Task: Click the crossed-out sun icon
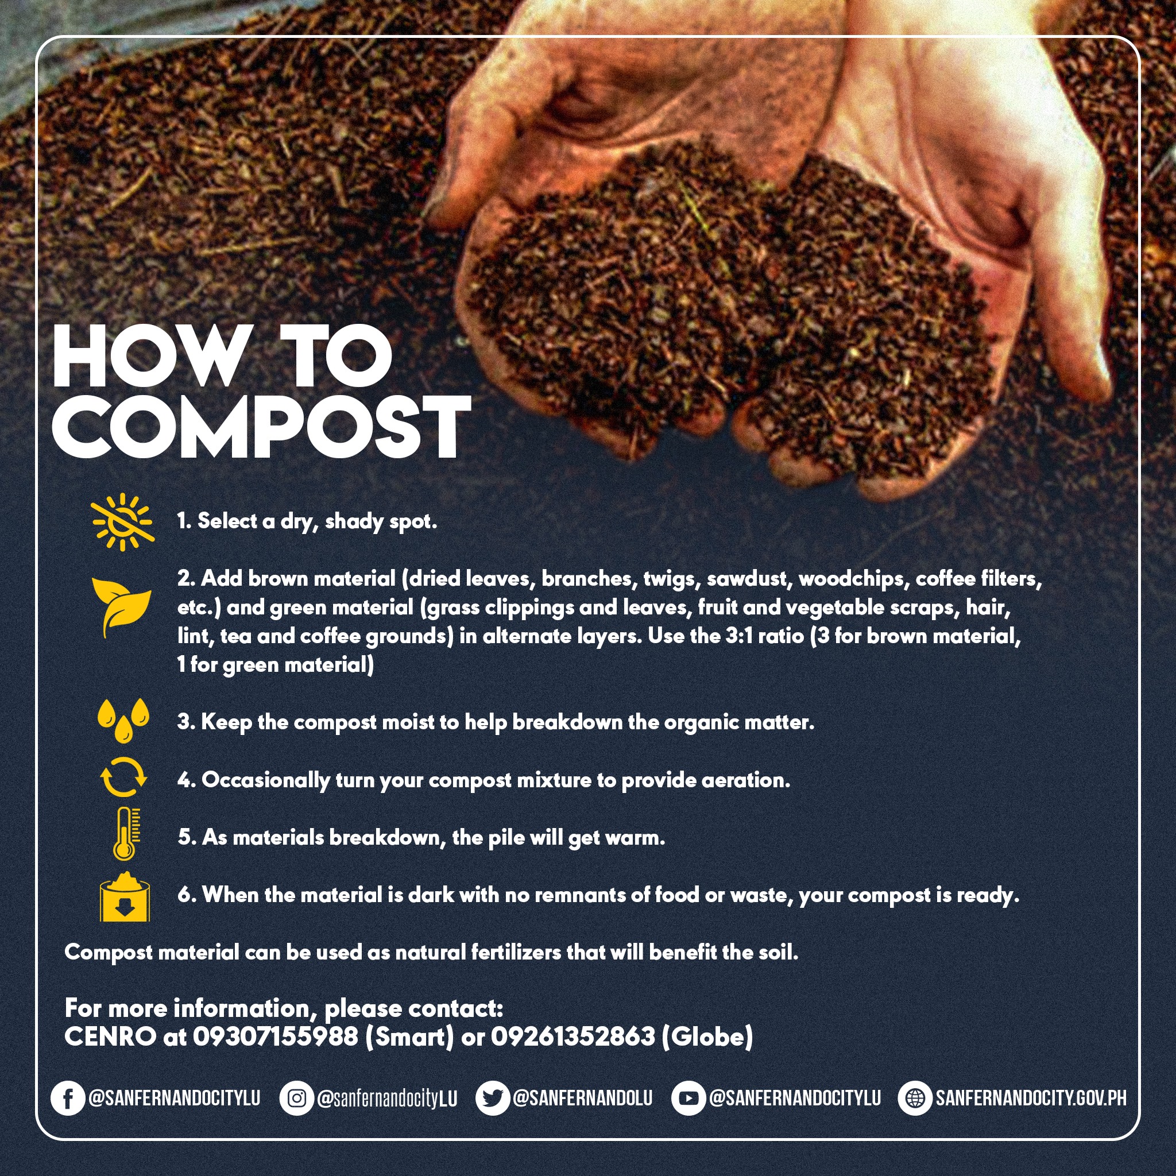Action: (x=123, y=521)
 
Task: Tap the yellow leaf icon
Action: (x=121, y=606)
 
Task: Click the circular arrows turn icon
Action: (x=123, y=777)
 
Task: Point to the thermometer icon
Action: (x=125, y=833)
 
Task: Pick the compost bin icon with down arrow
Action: (x=124, y=896)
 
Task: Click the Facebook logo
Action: (x=68, y=1098)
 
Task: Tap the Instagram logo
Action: (x=296, y=1098)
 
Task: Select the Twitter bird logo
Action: (x=493, y=1098)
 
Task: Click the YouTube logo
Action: (x=688, y=1098)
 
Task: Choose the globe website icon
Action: (x=915, y=1098)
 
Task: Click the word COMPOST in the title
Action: (x=262, y=427)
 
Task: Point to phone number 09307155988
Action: (x=276, y=1036)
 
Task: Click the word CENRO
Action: (x=110, y=1036)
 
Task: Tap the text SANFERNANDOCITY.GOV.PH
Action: (x=1031, y=1098)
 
